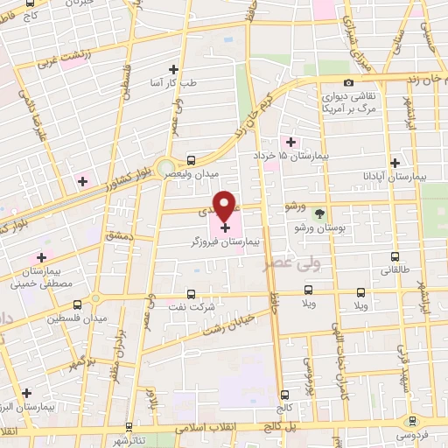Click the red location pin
pos(225,206)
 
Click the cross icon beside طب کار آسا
pos(172,68)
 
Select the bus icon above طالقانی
pos(395,256)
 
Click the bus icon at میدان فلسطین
pos(78,304)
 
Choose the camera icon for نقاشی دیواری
pos(349,83)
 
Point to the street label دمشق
pos(117,236)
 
